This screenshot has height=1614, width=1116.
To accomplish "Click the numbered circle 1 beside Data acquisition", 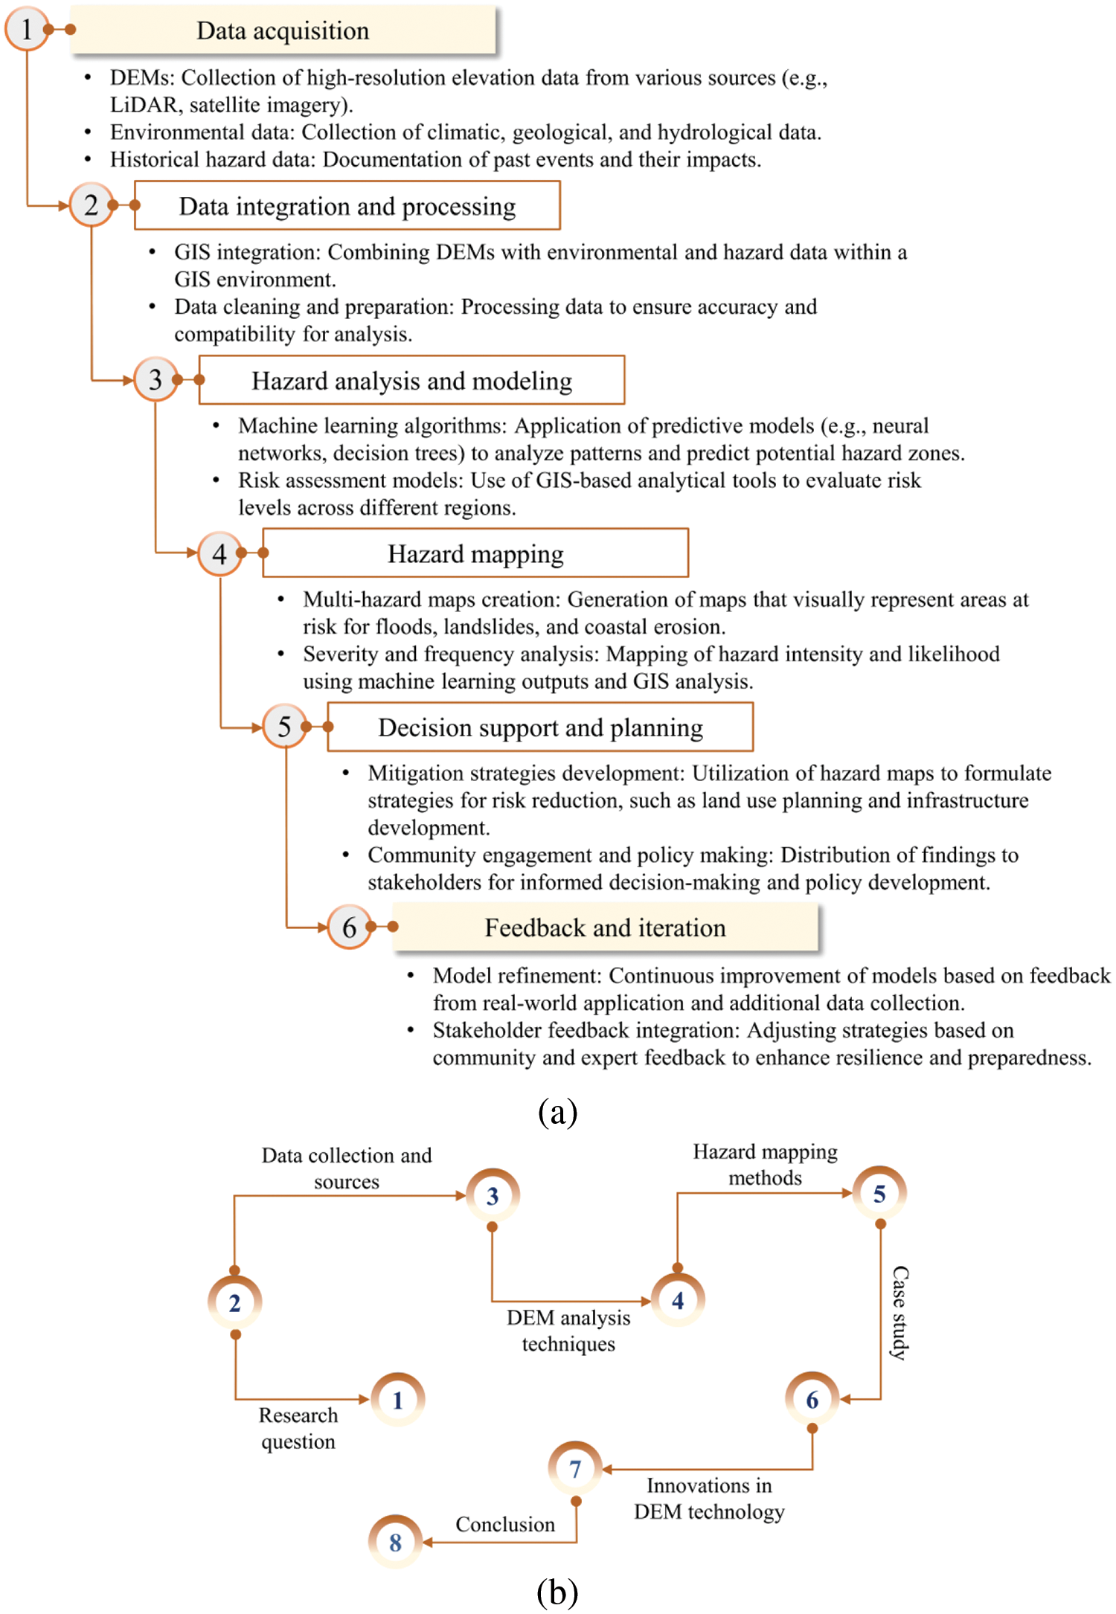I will (x=27, y=30).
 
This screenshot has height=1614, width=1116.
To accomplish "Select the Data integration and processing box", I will (x=347, y=206).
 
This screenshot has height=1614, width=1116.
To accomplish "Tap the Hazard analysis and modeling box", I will (x=411, y=380).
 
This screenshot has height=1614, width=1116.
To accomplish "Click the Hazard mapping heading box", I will (x=475, y=553).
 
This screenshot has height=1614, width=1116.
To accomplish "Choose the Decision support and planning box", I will (x=540, y=727).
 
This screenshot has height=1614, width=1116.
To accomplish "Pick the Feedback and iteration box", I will (x=605, y=927).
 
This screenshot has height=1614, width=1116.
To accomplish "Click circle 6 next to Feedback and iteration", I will (x=349, y=927).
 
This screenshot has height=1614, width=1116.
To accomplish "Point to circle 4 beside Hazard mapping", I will (x=219, y=553).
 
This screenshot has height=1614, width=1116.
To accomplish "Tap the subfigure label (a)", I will (x=557, y=1111).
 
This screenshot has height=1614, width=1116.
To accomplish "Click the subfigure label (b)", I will (x=557, y=1592).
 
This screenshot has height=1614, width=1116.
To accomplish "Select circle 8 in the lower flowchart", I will (x=395, y=1542).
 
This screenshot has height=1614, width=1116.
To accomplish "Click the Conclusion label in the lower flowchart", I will (x=505, y=1524).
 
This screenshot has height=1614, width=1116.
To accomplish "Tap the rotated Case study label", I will (x=899, y=1313).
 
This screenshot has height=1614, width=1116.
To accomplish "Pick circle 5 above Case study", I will (x=879, y=1194).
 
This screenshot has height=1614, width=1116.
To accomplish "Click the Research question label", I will (x=298, y=1428).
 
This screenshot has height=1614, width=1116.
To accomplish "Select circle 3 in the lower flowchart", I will (x=493, y=1196).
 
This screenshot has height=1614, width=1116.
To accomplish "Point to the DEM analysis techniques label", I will (x=568, y=1331).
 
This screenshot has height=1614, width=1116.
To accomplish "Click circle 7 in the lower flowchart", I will (x=575, y=1469).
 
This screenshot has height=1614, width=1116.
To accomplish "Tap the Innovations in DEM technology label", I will (x=709, y=1498).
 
